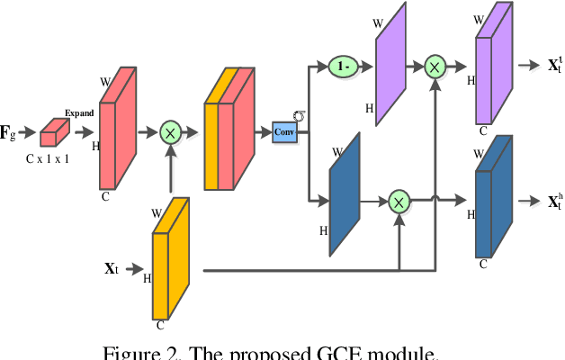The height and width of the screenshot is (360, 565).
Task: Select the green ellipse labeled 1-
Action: pyautogui.click(x=343, y=66)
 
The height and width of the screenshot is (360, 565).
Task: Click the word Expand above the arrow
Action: pyautogui.click(x=79, y=113)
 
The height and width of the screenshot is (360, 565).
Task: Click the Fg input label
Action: pyautogui.click(x=10, y=134)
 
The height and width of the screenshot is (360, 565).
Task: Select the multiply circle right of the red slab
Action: pyautogui.click(x=170, y=133)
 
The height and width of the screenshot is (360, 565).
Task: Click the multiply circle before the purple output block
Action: pyautogui.click(x=435, y=66)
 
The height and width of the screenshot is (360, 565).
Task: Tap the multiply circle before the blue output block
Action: pyautogui.click(x=399, y=202)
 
